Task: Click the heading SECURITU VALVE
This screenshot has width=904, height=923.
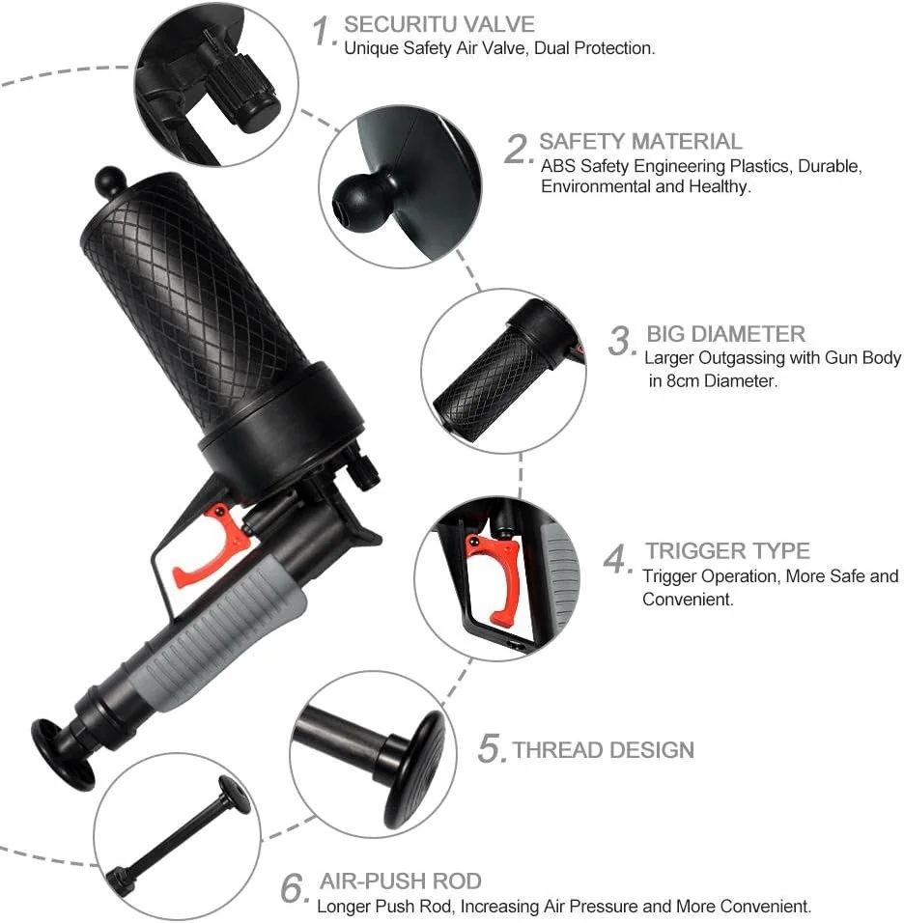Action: [439, 24]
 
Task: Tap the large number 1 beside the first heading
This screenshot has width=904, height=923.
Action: [324, 31]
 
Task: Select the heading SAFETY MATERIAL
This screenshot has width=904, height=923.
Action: [640, 142]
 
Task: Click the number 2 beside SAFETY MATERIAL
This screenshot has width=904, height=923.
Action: [519, 149]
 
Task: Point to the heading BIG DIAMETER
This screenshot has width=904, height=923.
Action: [725, 334]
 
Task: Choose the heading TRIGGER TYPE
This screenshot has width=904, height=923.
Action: [727, 551]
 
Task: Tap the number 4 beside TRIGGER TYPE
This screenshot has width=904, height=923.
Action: [618, 558]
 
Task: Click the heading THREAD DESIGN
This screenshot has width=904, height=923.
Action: [603, 750]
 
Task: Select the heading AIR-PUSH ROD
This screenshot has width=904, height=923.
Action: [400, 881]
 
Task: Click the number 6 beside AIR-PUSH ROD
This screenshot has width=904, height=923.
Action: [295, 888]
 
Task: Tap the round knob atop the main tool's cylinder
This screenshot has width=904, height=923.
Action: [109, 182]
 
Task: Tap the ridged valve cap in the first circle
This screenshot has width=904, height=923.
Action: [253, 96]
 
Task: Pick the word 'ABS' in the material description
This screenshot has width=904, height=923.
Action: [556, 166]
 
